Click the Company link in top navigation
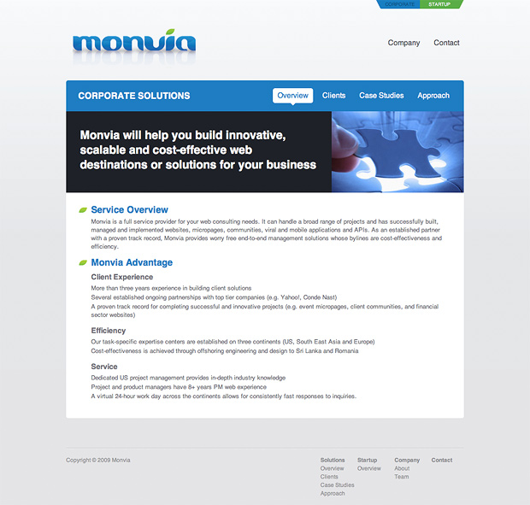(x=403, y=43)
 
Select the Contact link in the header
(x=446, y=43)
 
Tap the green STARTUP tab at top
(x=439, y=4)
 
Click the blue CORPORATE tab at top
(x=399, y=4)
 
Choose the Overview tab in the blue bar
(x=292, y=96)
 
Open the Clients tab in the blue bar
(x=333, y=96)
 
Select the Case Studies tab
(x=381, y=96)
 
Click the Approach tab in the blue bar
(x=433, y=96)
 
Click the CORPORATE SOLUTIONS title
(x=134, y=96)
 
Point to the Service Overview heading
(x=129, y=209)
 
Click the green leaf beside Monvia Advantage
(x=83, y=262)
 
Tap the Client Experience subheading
(x=122, y=277)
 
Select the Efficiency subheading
(x=109, y=330)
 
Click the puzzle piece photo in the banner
(x=397, y=151)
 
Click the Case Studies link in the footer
(x=337, y=485)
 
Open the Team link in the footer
(x=401, y=477)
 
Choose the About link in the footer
(x=402, y=468)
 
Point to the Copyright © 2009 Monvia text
(x=98, y=460)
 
